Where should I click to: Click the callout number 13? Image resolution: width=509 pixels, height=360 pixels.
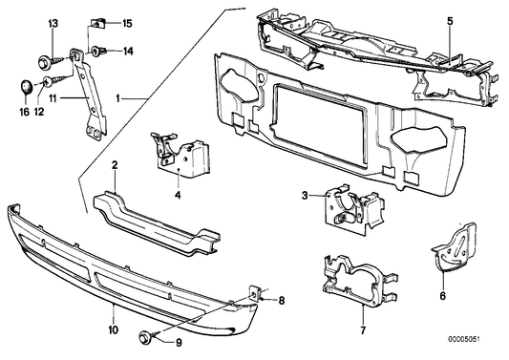pos(53,22)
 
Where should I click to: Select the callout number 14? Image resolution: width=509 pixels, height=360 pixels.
pos(128,51)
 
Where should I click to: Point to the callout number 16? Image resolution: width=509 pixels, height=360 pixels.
pos(26,111)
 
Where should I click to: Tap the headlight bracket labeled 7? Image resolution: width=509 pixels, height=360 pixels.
pos(358,282)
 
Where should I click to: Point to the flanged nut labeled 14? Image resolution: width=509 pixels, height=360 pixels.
pos(98,51)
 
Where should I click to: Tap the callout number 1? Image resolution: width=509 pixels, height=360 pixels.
pos(119,98)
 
